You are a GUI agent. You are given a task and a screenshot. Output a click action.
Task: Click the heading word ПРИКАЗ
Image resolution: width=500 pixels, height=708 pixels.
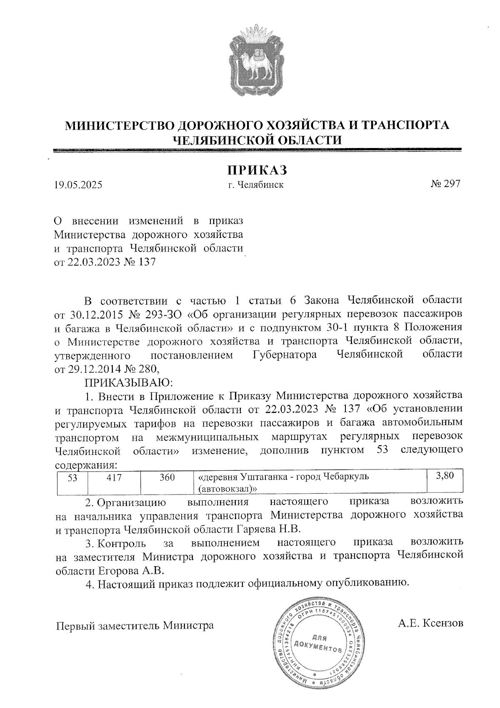[257, 170]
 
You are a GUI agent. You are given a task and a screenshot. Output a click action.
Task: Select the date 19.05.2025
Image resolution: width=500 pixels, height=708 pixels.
[78, 185]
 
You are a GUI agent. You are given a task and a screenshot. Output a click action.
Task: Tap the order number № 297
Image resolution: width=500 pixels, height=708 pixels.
[445, 184]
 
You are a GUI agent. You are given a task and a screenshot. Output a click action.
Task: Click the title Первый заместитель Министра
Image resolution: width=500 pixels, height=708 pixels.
[135, 625]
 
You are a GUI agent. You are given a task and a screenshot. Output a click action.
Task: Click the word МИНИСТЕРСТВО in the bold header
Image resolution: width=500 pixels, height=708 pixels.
[119, 125]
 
